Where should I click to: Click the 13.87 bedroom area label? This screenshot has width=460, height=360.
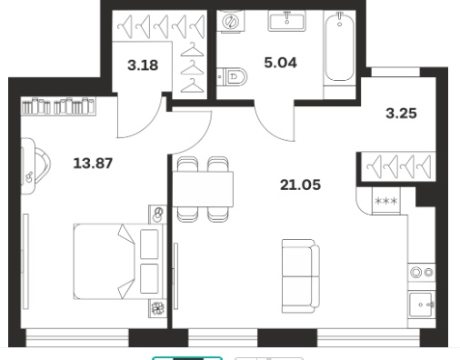click(93, 163)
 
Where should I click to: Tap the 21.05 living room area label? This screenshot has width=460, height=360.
click(300, 185)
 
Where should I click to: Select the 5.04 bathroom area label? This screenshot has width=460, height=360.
click(280, 63)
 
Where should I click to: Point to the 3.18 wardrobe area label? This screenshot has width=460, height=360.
click(143, 65)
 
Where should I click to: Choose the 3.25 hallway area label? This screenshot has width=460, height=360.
click(401, 114)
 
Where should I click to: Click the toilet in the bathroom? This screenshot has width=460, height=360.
click(232, 76)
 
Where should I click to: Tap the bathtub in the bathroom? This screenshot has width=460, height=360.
click(340, 46)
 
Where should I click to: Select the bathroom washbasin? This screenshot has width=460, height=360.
click(286, 20)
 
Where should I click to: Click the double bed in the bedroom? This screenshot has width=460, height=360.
click(120, 261)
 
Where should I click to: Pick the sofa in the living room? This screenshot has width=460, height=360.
click(301, 276)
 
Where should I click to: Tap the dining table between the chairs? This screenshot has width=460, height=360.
click(203, 189)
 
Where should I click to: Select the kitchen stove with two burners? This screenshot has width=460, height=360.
click(422, 272)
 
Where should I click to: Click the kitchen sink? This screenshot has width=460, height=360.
click(422, 305)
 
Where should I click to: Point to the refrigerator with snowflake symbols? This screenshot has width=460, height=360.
click(386, 201)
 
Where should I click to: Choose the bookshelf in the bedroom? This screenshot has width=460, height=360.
click(59, 105)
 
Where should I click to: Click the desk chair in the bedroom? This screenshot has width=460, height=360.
click(42, 165)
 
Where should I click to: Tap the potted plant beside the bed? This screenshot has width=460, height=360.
click(157, 308)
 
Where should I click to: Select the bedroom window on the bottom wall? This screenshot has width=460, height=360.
click(77, 337)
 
